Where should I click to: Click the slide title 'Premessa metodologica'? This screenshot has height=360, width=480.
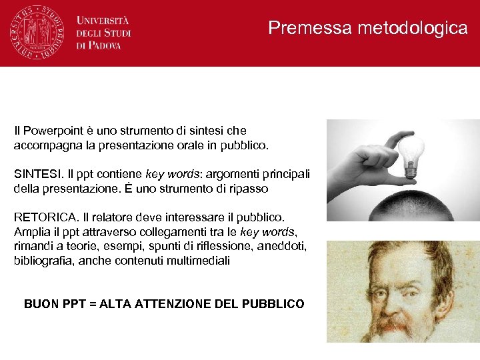368,28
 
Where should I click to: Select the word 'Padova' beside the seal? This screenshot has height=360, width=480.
104,45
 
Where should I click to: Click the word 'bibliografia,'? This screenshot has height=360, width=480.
44,261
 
